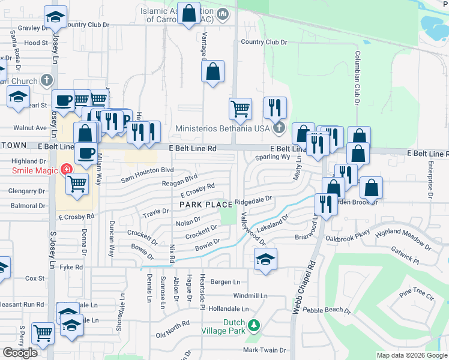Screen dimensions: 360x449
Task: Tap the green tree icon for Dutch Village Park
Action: pos(254,326)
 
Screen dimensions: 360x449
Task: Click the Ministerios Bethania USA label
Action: pos(223,128)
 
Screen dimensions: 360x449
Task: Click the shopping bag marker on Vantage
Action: pos(213,73)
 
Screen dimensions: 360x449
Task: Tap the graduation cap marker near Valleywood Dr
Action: pos(265,259)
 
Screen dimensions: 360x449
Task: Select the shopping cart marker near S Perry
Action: pos(43,334)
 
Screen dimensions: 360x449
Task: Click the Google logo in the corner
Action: pos(20,353)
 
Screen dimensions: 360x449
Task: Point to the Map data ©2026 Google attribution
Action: pos(412,356)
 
